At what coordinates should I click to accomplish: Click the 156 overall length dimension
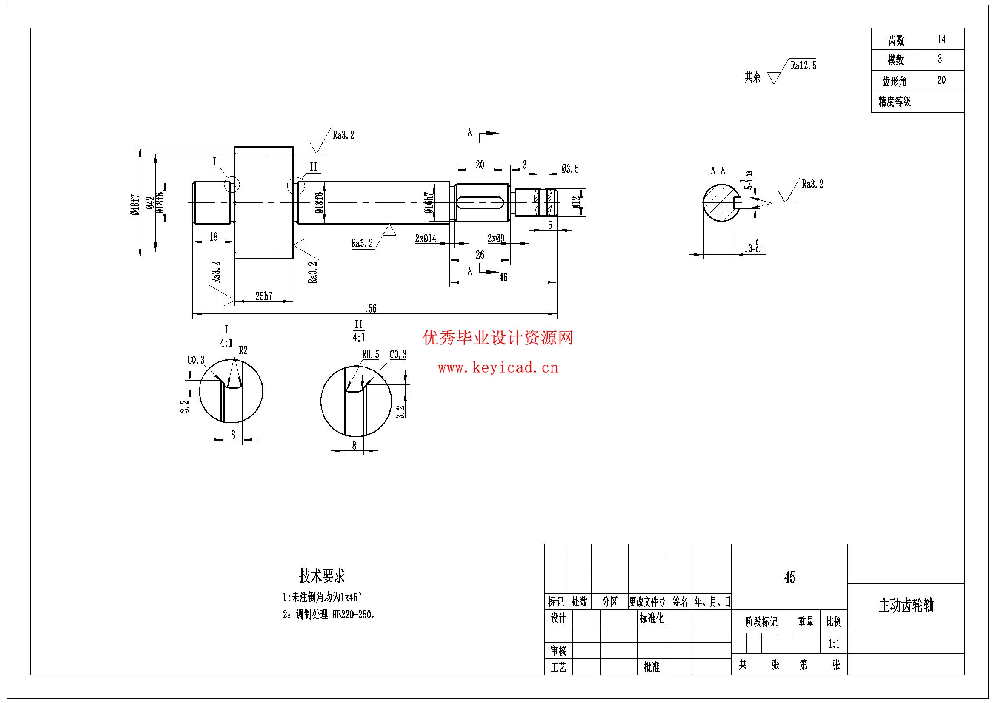[370, 308]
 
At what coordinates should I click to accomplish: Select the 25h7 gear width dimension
[263, 296]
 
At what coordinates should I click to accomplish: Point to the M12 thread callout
[575, 203]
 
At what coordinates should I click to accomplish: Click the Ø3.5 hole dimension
[570, 169]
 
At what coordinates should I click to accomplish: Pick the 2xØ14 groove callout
[426, 238]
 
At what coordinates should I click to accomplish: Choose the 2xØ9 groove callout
[496, 238]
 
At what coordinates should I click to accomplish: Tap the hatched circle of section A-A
[719, 203]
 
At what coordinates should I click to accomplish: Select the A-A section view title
[718, 171]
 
